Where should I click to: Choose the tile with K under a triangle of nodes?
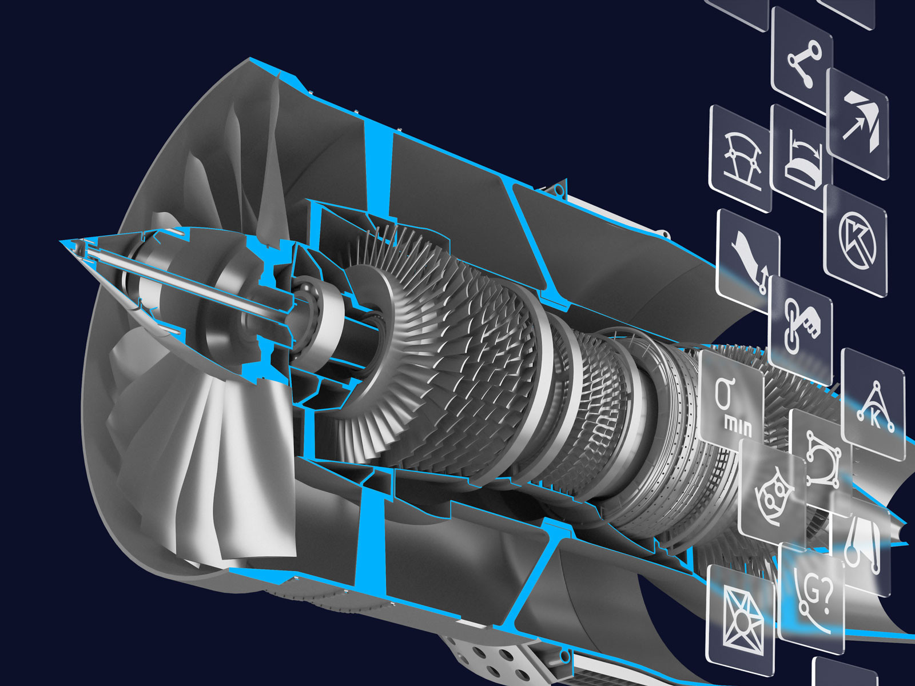coord(874,404)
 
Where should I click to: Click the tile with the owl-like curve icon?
coord(772,492)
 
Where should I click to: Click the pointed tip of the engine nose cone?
coord(61,242)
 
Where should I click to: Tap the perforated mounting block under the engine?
coord(492,652)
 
